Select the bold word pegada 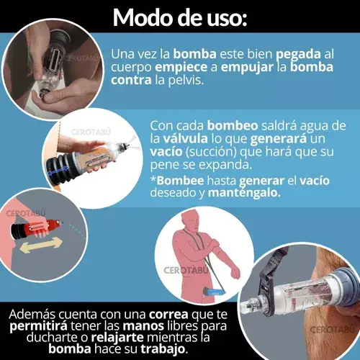click(298, 55)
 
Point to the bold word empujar click(247, 68)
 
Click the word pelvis click(186, 81)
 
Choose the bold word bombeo click(233, 125)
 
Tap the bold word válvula click(185, 138)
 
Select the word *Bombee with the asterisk click(177, 181)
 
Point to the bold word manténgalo click(244, 193)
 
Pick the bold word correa click(168, 315)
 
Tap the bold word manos click(143, 326)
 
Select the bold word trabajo click(163, 349)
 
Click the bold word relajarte click(117, 338)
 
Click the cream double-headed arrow click(41, 245)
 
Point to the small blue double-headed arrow click(58, 171)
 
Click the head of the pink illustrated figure click(190, 220)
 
